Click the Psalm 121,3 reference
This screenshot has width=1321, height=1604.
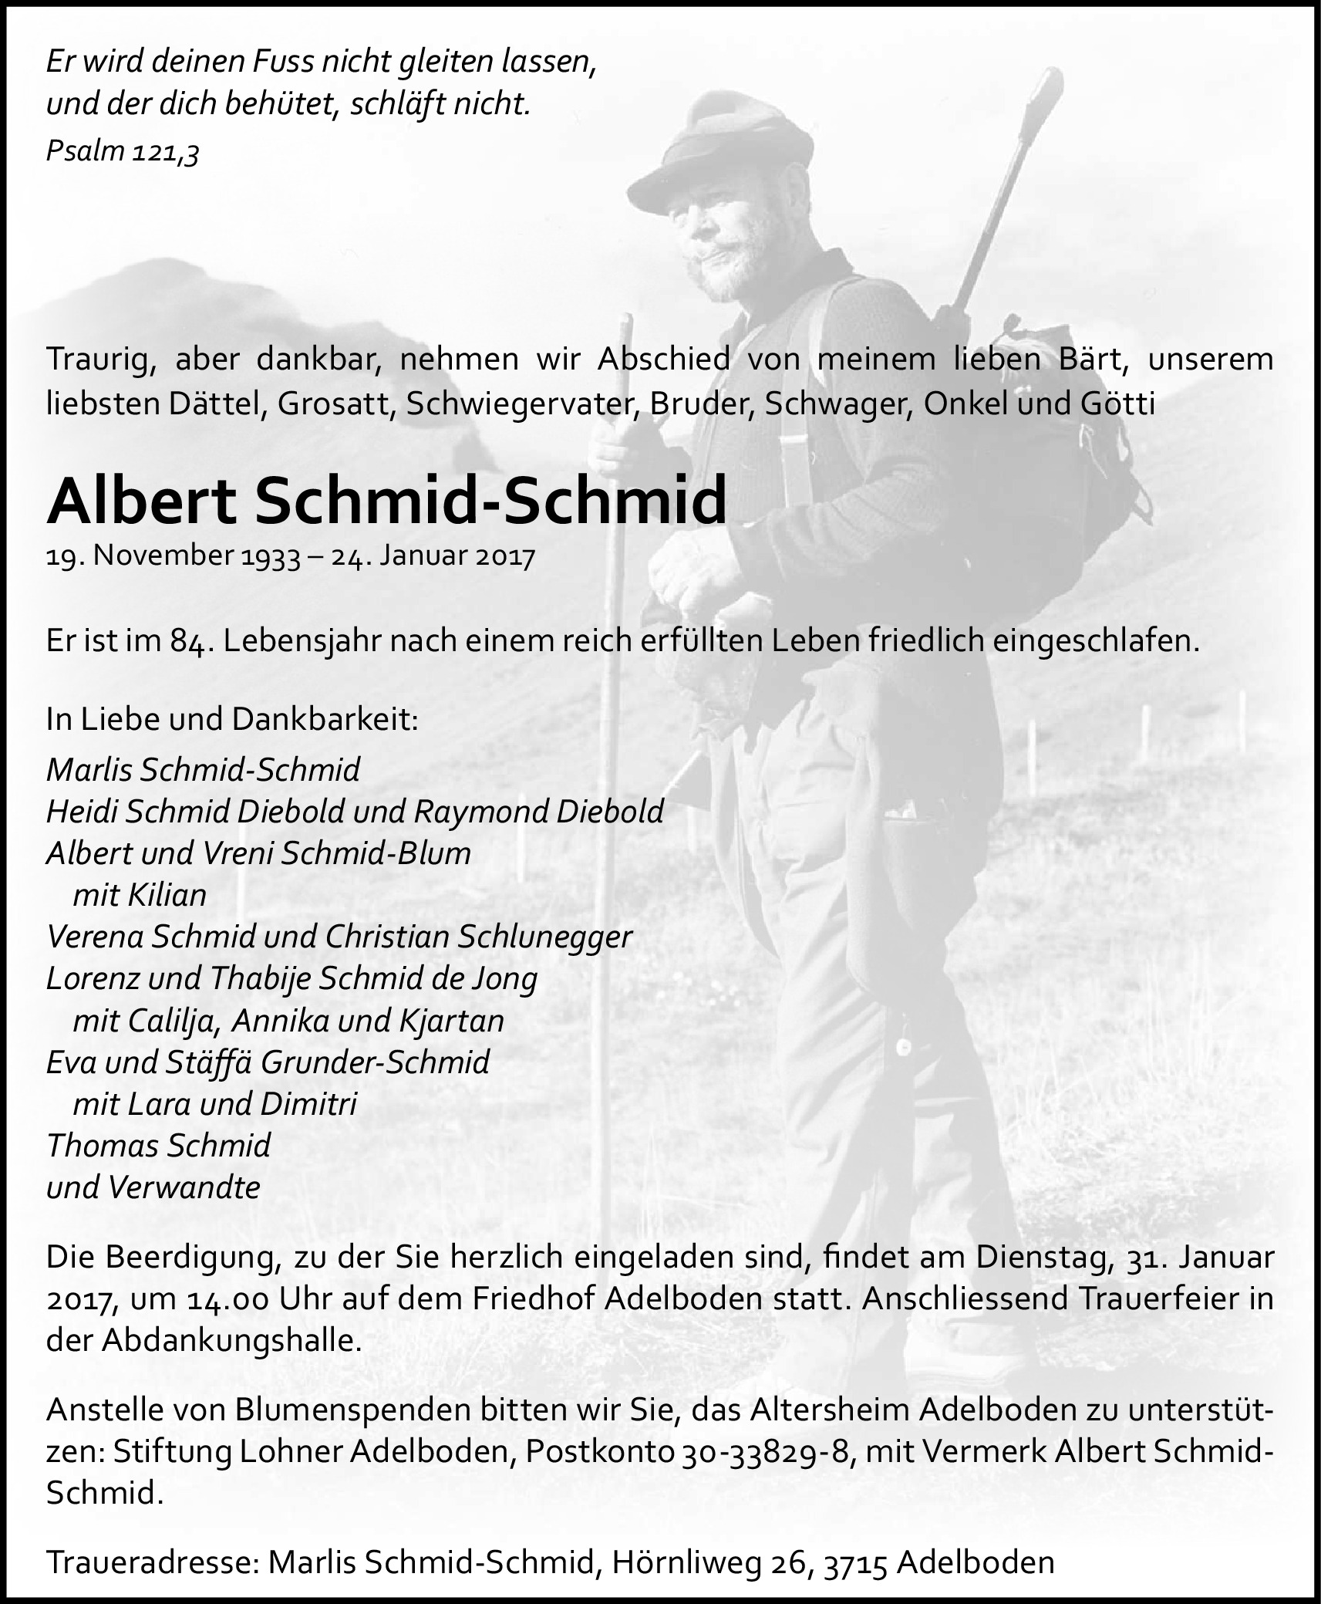pos(123,151)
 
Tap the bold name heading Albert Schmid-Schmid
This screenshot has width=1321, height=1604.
pos(386,501)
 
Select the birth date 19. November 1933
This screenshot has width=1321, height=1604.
pos(173,556)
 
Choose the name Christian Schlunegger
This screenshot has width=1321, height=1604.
pos(478,937)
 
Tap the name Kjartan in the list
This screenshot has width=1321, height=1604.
pos(451,1021)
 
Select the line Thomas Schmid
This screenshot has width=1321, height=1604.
pos(159,1146)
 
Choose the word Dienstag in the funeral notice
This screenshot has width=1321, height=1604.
pos(1036,1258)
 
